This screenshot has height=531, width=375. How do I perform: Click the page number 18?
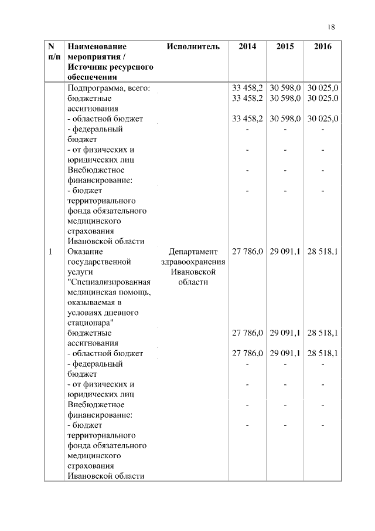tap(332, 27)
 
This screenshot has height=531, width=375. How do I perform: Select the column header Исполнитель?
tap(193, 46)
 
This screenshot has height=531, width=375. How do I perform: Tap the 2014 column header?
tap(247, 46)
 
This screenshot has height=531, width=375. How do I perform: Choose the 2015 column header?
tap(285, 46)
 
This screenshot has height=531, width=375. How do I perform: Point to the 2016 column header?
tap(322, 46)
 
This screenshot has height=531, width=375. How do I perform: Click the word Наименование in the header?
tap(97, 46)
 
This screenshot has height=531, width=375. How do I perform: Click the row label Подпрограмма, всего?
tap(109, 88)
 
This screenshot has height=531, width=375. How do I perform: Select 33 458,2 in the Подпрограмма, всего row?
tap(247, 88)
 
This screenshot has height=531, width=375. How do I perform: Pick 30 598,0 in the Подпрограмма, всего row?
tap(285, 88)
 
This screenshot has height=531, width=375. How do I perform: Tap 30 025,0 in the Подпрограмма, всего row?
tap(323, 88)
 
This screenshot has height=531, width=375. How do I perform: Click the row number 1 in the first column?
tap(51, 251)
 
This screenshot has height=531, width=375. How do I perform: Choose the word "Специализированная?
tap(109, 282)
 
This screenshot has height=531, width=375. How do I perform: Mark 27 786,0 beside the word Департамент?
tap(247, 251)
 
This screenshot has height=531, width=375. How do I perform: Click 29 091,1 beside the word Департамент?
tap(285, 251)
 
